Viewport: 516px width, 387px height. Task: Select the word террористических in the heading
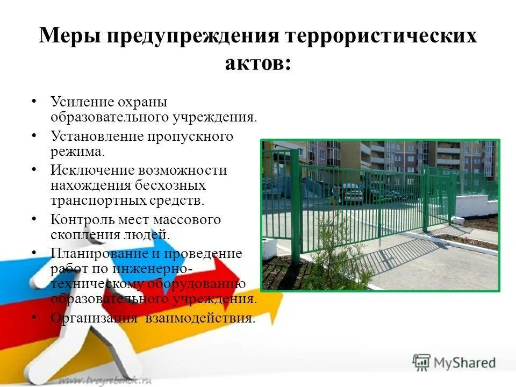pyautogui.click(x=381, y=37)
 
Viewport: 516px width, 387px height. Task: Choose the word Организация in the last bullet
pyautogui.click(x=94, y=318)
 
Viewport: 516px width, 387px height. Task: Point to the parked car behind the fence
pyautogui.click(x=352, y=192)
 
